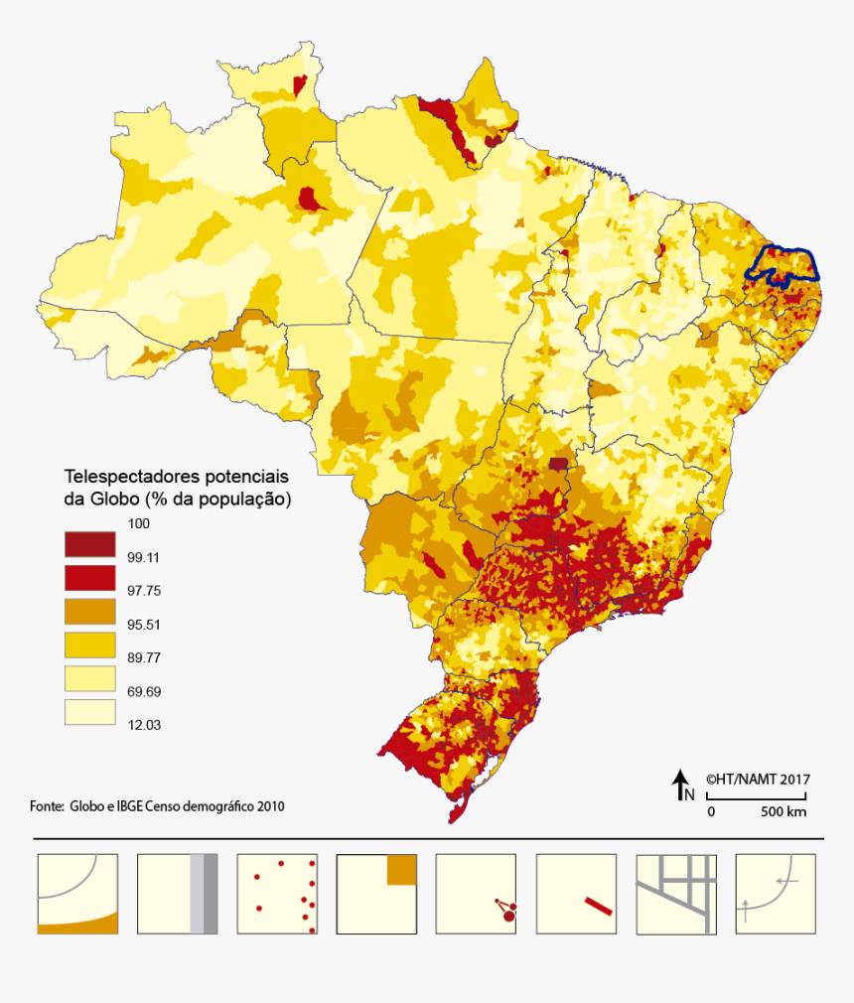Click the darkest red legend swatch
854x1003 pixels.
(89, 543)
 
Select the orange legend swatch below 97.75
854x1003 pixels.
(89, 611)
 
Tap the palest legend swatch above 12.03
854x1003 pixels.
(89, 712)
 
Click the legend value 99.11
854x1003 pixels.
(144, 558)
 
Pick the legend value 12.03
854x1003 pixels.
(144, 725)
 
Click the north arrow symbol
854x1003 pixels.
(683, 785)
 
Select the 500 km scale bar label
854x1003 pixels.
(783, 811)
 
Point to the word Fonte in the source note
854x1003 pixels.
(46, 806)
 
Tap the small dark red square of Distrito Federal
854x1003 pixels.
(560, 463)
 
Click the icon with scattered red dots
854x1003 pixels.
(277, 894)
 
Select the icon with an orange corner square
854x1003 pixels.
(376, 894)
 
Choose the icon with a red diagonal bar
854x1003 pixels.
(576, 894)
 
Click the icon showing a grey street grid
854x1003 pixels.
(675, 894)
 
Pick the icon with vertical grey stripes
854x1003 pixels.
(177, 894)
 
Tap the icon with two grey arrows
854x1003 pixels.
(776, 894)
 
